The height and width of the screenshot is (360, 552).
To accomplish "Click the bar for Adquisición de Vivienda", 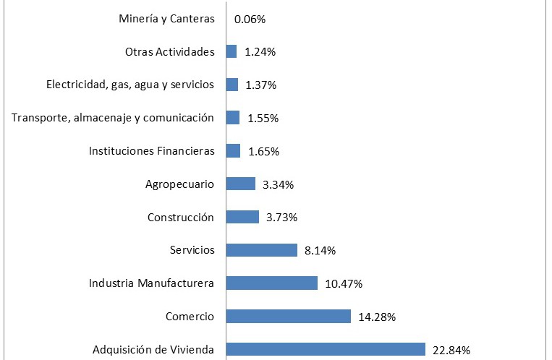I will [x=326, y=350].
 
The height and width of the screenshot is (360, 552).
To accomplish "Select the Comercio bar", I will [x=289, y=317].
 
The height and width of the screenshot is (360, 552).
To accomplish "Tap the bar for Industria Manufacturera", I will [x=272, y=283].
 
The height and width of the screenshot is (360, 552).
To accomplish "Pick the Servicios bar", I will [x=262, y=250].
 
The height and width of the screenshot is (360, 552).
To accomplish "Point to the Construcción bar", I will [x=242, y=217].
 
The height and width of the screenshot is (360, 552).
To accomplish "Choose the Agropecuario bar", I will [x=241, y=184].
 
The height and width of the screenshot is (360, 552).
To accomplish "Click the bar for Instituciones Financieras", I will [x=233, y=150].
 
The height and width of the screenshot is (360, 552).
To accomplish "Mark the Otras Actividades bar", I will [x=232, y=51].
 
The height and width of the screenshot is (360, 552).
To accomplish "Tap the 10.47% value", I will [x=344, y=283].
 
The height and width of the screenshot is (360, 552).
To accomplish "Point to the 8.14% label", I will [x=320, y=250].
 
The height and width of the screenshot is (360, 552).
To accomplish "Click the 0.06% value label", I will [x=250, y=19].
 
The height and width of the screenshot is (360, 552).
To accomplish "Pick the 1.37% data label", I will [x=260, y=85].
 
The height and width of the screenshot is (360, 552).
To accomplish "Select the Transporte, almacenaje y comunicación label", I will [x=113, y=117].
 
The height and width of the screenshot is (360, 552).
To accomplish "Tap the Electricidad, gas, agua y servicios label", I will [x=130, y=84].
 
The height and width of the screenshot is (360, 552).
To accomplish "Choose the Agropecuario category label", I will [x=179, y=184].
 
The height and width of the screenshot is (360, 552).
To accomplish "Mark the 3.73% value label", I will [x=281, y=217].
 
